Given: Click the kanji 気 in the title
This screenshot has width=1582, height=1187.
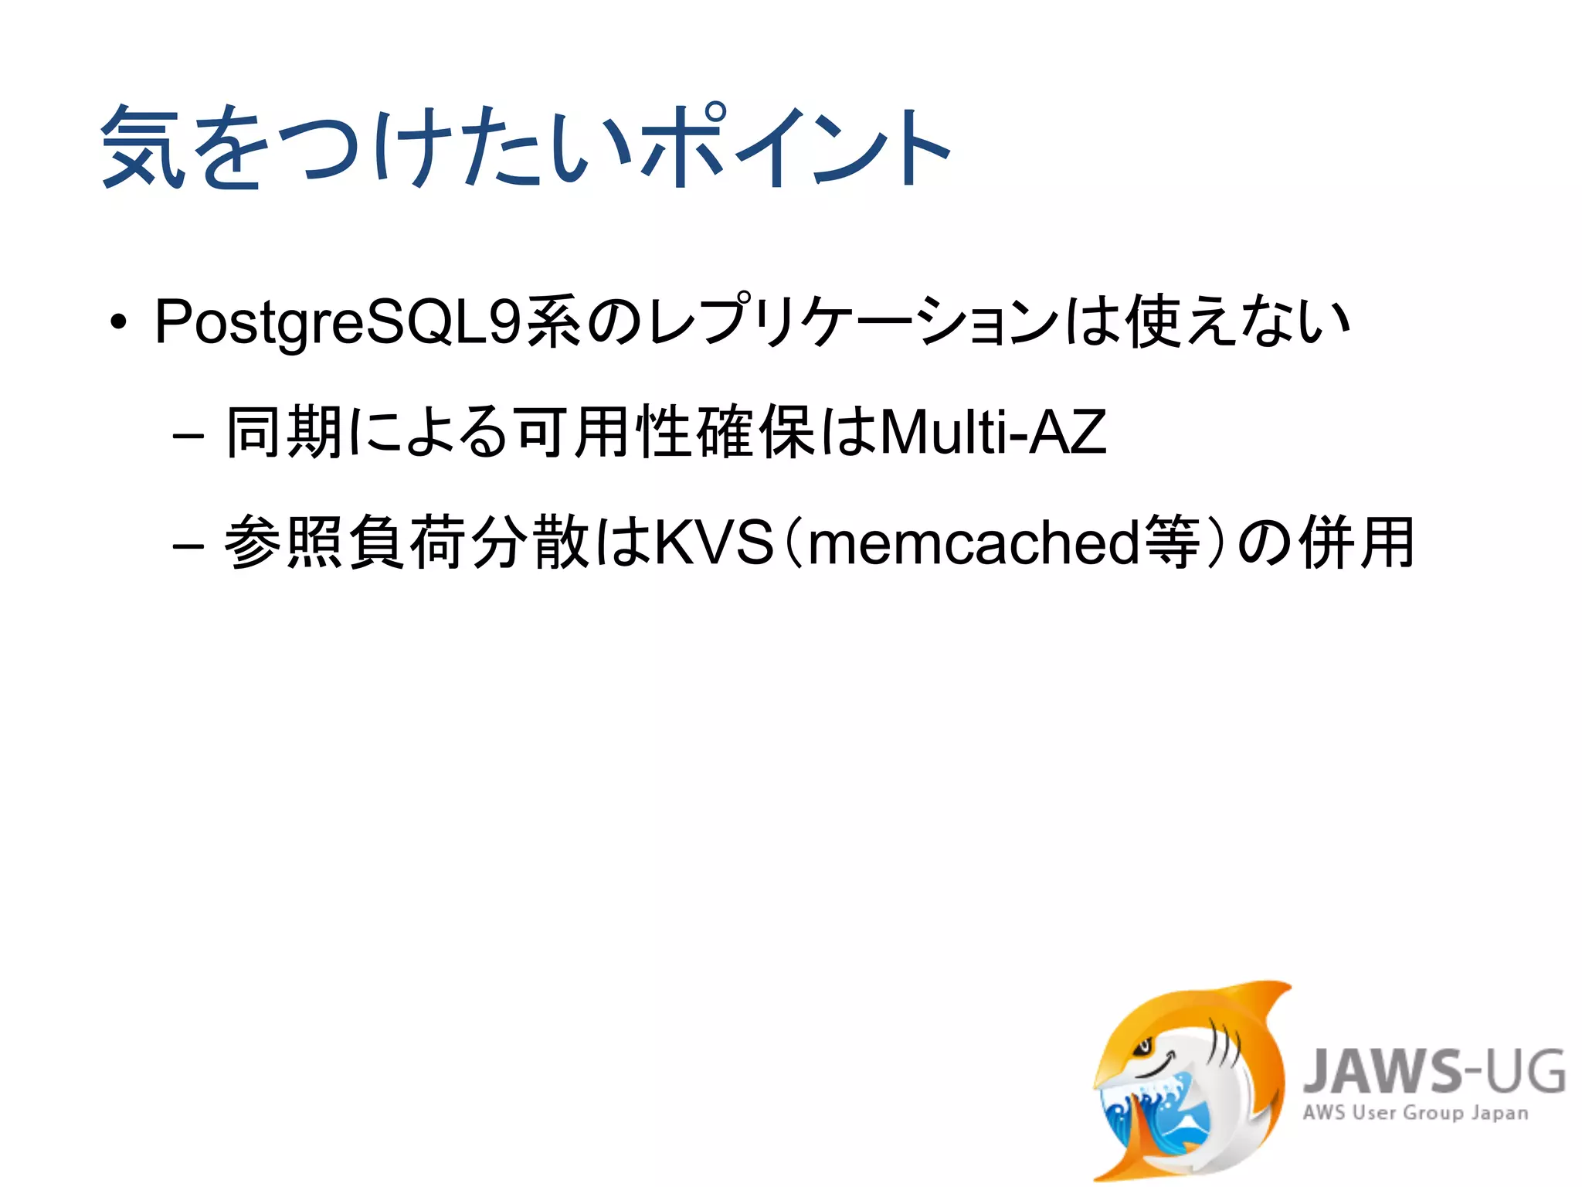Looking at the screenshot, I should tap(144, 147).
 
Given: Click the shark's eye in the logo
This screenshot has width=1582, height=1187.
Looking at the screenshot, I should tap(1142, 1047).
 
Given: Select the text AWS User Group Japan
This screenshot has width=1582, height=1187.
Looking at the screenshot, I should tap(1415, 1114).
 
